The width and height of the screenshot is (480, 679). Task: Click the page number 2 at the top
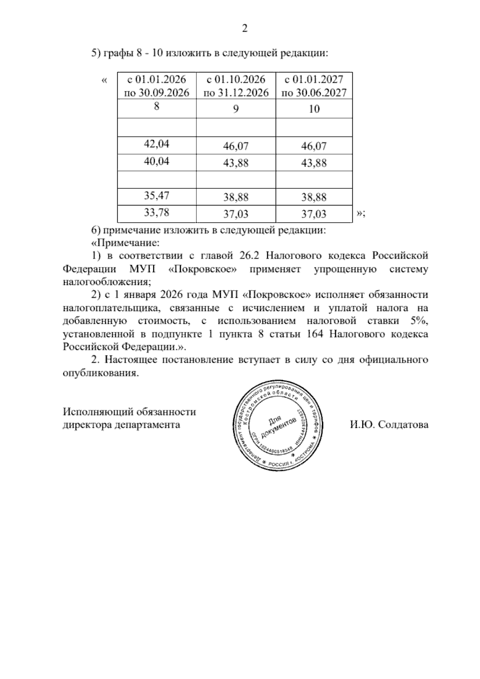[x=245, y=28]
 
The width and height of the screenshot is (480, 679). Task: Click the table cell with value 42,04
[x=157, y=144]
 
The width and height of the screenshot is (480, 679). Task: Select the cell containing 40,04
[x=157, y=161]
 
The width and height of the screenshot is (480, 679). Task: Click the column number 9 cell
[x=236, y=109]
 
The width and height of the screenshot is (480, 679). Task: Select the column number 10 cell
[x=314, y=109]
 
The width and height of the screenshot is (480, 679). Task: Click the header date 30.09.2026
[x=164, y=93]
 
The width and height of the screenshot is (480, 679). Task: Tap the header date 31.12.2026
[x=243, y=93]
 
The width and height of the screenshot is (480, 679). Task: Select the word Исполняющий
[x=100, y=412]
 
